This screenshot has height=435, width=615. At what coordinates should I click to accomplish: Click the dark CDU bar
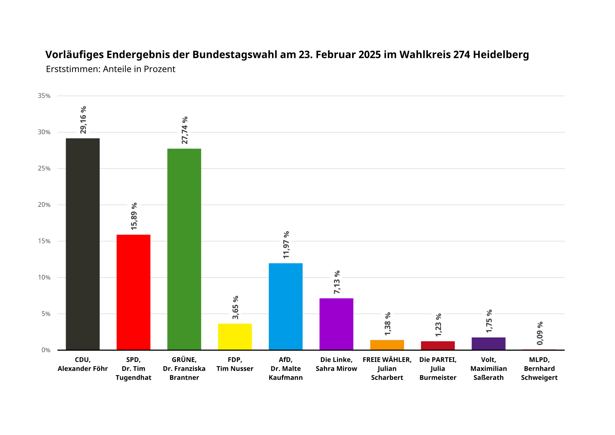click(83, 244)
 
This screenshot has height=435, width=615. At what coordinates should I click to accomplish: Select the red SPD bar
click(133, 292)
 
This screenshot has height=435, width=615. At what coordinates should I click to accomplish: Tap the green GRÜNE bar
click(184, 249)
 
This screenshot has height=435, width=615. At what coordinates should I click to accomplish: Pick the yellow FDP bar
click(235, 337)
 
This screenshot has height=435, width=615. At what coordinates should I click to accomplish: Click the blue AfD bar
click(285, 306)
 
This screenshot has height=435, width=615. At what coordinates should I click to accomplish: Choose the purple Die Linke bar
click(336, 324)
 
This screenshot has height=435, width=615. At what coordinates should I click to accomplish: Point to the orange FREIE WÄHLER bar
click(387, 345)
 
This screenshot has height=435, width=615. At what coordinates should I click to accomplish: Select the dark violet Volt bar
click(488, 343)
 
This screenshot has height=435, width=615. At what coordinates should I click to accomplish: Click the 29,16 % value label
click(83, 120)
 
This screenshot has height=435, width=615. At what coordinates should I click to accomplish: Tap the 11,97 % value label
click(286, 245)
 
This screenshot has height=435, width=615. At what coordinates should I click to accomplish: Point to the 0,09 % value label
click(540, 333)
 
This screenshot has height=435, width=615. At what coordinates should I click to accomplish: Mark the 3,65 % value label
click(236, 307)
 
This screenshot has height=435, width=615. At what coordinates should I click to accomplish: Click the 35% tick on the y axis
click(44, 96)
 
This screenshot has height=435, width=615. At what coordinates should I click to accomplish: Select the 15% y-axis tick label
click(44, 241)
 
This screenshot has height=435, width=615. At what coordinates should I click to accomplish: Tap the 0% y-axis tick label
click(46, 350)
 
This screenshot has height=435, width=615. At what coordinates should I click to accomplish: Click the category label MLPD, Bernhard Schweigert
click(539, 368)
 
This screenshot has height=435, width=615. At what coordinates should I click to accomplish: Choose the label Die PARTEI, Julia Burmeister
click(438, 368)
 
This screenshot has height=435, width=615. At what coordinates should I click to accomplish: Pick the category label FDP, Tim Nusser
click(235, 364)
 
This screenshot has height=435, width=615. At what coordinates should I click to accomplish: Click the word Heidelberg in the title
click(501, 55)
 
